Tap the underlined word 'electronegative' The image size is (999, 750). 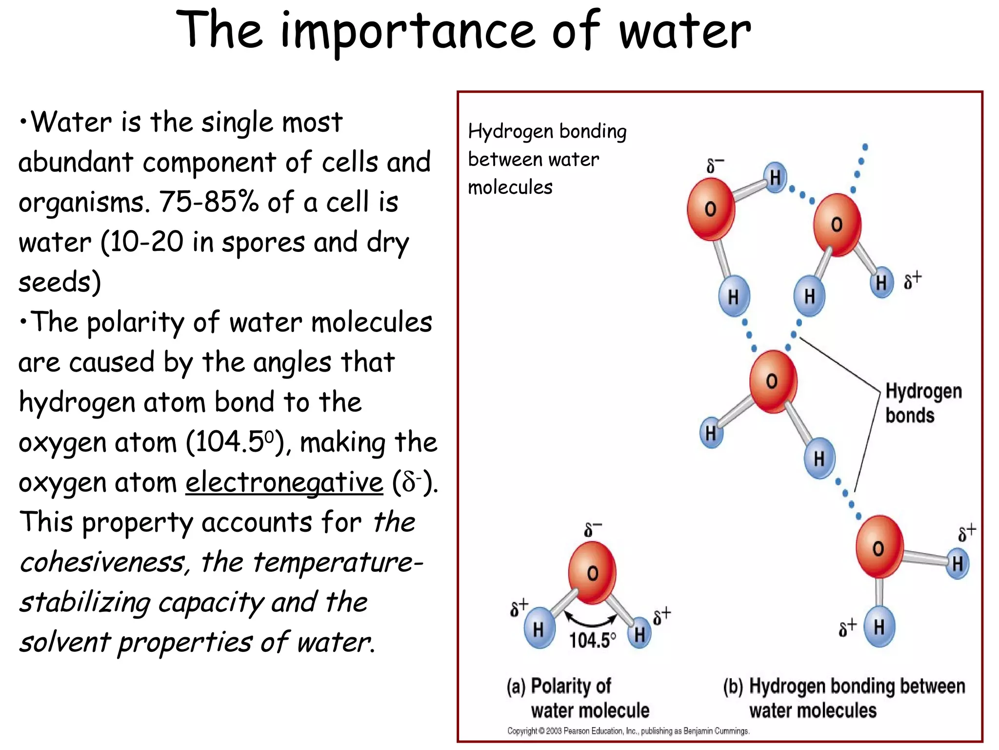tap(284, 482)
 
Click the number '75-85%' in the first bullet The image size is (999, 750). tap(209, 202)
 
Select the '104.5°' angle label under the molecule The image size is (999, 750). tap(592, 640)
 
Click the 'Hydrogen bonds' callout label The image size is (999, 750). tap(923, 403)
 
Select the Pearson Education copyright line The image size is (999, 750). tap(628, 731)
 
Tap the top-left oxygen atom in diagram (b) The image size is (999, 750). tap(711, 209)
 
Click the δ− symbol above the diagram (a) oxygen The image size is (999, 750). tap(593, 529)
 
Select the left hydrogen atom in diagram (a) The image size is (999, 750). tap(539, 628)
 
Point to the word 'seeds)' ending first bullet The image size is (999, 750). tap(60, 282)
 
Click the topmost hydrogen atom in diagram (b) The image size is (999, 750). tap(775, 178)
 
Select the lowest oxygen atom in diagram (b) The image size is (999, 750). tap(879, 547)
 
